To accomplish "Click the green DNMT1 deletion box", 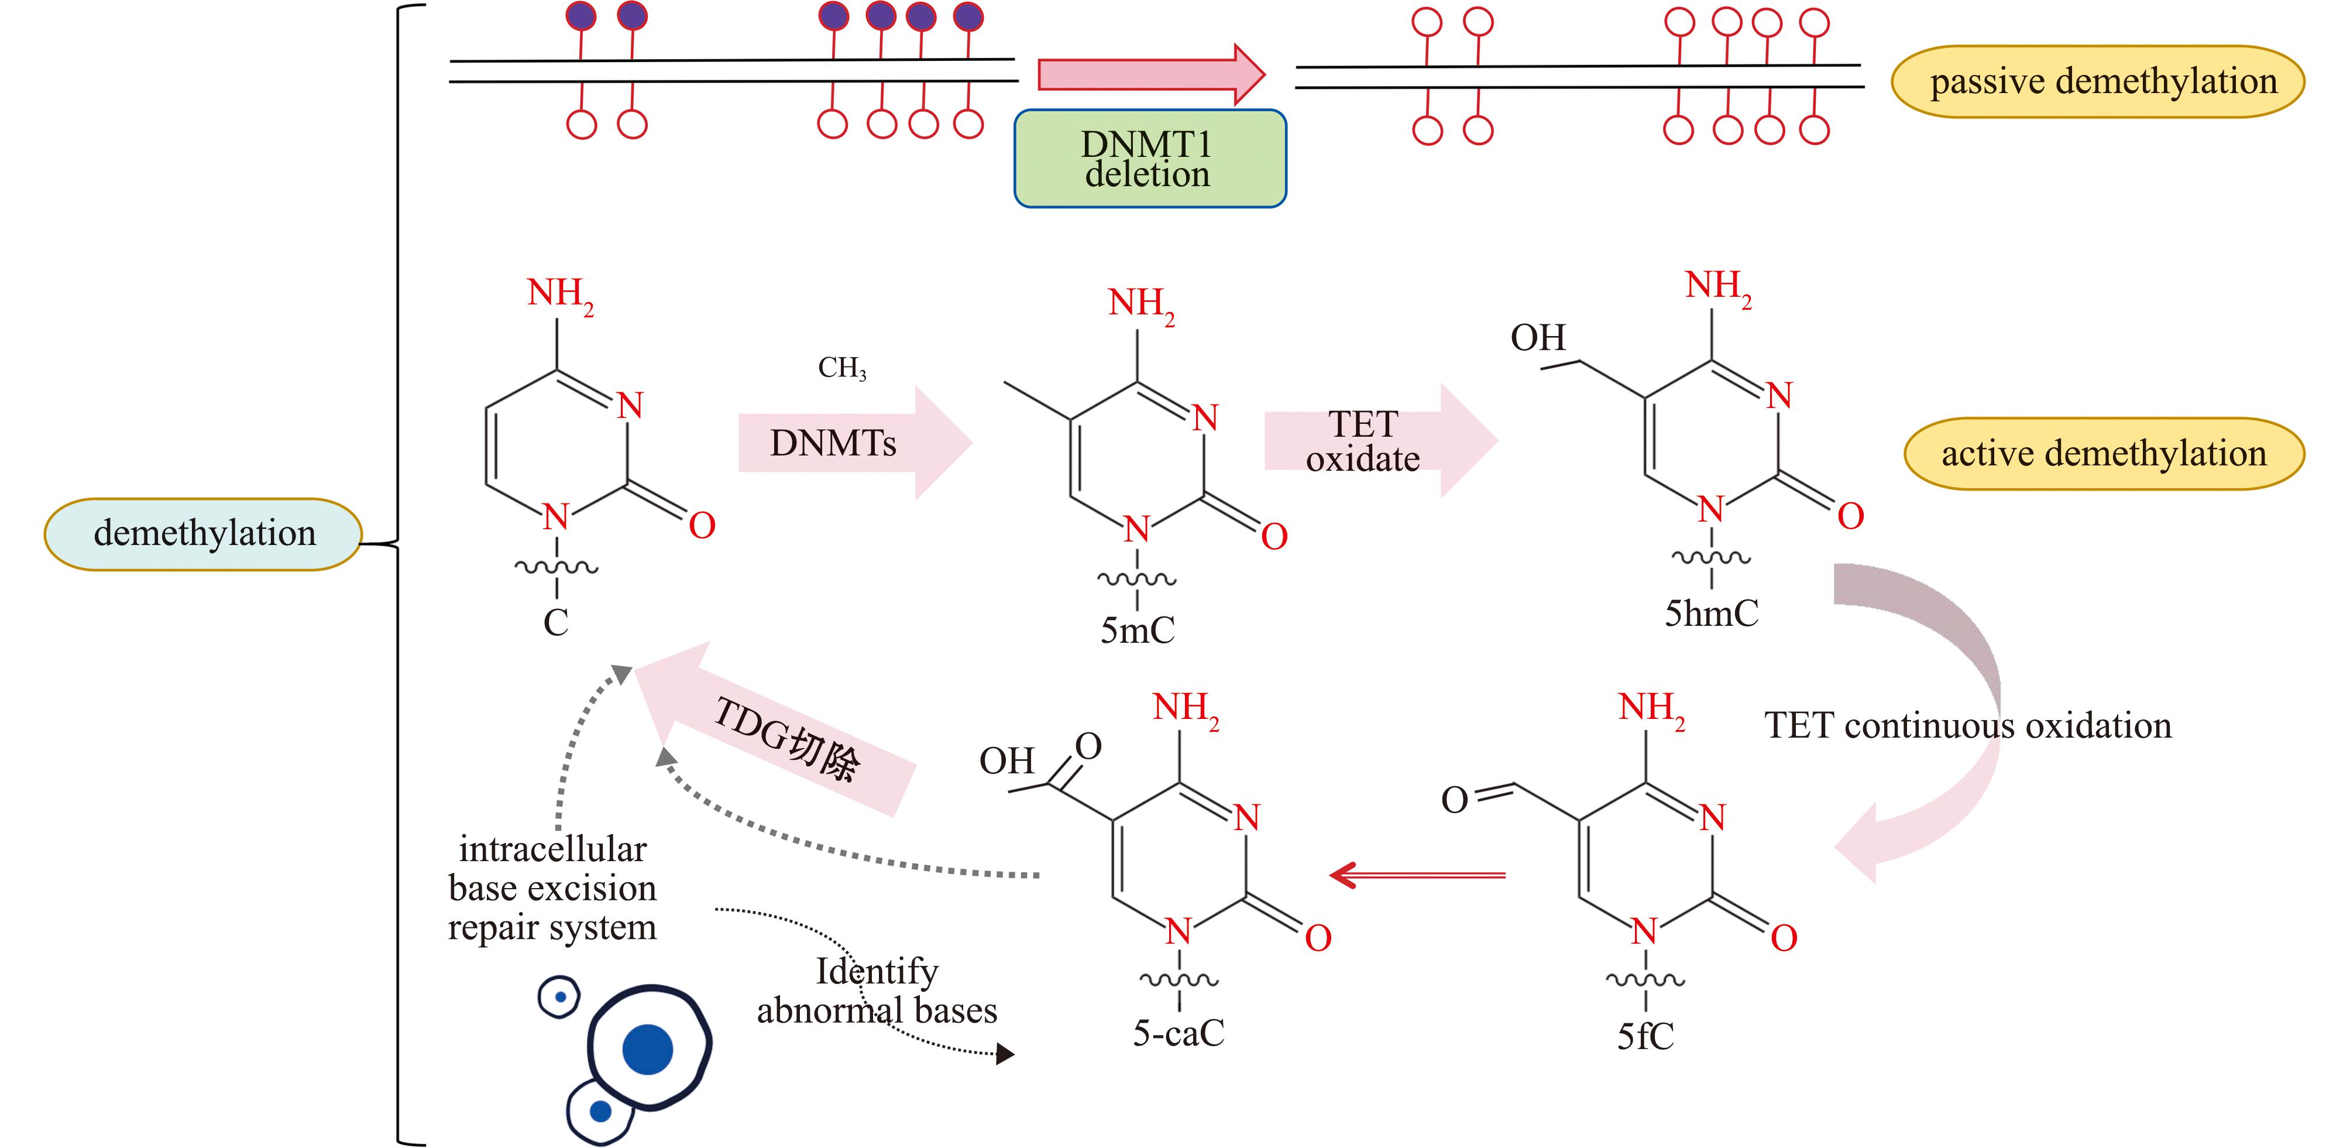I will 1149,159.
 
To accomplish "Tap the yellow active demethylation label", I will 2103,454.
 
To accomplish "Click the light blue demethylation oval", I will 204,534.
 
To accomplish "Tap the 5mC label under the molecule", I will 1137,630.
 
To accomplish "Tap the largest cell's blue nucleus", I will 648,1050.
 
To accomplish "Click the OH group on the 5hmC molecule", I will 1537,338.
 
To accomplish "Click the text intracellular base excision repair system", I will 552,889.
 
